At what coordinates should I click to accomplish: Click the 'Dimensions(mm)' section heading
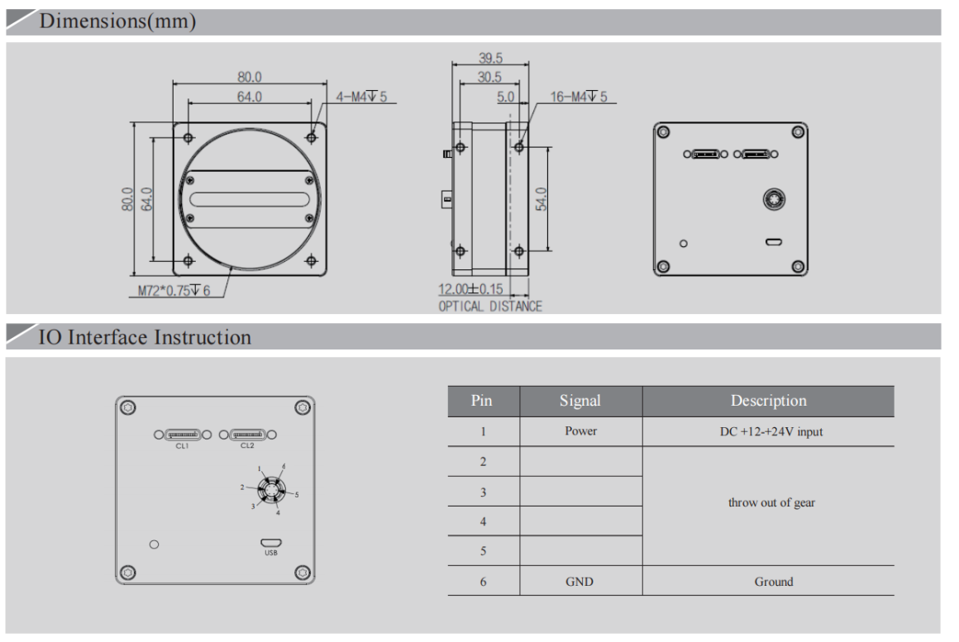(117, 22)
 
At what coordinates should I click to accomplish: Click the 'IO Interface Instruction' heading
(145, 337)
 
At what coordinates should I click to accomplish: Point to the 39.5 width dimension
(490, 59)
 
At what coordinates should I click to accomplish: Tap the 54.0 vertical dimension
(542, 199)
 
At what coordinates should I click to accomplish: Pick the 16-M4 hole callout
(578, 97)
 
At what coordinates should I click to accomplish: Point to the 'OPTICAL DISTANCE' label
(490, 307)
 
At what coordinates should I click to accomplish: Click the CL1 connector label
(182, 446)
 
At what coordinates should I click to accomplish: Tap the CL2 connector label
(247, 446)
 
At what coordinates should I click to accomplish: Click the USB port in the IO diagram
(270, 543)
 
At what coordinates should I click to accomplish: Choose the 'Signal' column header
(580, 401)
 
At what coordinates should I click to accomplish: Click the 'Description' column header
(768, 401)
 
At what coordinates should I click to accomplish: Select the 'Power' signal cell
(580, 431)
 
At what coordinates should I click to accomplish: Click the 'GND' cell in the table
(580, 582)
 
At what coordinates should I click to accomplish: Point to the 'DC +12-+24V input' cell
(771, 431)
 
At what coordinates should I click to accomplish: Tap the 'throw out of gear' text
(771, 502)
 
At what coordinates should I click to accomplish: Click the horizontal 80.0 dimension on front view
(250, 77)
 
